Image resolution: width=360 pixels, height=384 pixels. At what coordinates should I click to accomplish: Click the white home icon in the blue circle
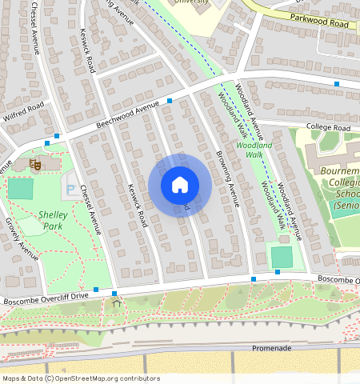coord(180,186)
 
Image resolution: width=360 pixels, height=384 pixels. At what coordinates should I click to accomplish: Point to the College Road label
coord(327,128)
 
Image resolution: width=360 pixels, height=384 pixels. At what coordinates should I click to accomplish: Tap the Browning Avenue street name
coord(227,178)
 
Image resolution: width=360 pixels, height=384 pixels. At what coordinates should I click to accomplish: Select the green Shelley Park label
coord(53,220)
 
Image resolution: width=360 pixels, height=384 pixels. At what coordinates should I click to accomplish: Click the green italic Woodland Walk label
coord(254,150)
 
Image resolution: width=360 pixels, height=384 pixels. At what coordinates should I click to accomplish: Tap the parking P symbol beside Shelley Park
coord(70,190)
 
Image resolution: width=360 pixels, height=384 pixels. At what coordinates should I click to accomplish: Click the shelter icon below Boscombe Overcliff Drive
coord(118,302)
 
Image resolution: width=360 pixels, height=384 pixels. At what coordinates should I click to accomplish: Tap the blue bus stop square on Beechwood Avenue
coord(170,101)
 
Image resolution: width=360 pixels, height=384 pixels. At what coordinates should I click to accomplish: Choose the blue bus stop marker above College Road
coord(337,83)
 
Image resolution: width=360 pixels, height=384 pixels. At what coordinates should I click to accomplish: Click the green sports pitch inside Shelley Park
coord(21,189)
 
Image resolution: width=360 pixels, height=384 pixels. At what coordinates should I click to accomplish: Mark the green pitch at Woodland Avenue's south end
coord(282,257)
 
